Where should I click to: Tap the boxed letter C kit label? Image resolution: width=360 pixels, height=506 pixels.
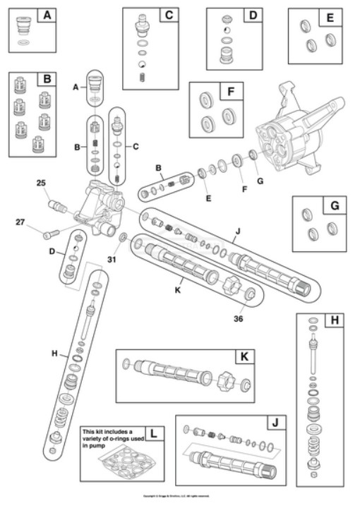(169, 15)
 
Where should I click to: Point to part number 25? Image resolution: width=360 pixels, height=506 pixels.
(42, 183)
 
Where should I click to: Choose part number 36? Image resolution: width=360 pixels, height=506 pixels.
(242, 317)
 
